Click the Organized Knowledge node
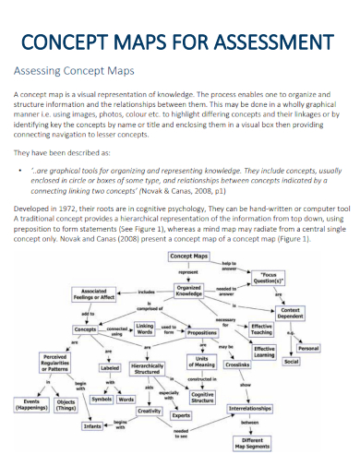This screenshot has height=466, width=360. click(188, 291)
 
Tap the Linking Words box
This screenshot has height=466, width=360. click(145, 330)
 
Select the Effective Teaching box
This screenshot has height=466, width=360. click(261, 329)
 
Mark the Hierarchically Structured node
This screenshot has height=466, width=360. click(148, 369)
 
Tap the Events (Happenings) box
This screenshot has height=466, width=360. click(31, 404)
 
